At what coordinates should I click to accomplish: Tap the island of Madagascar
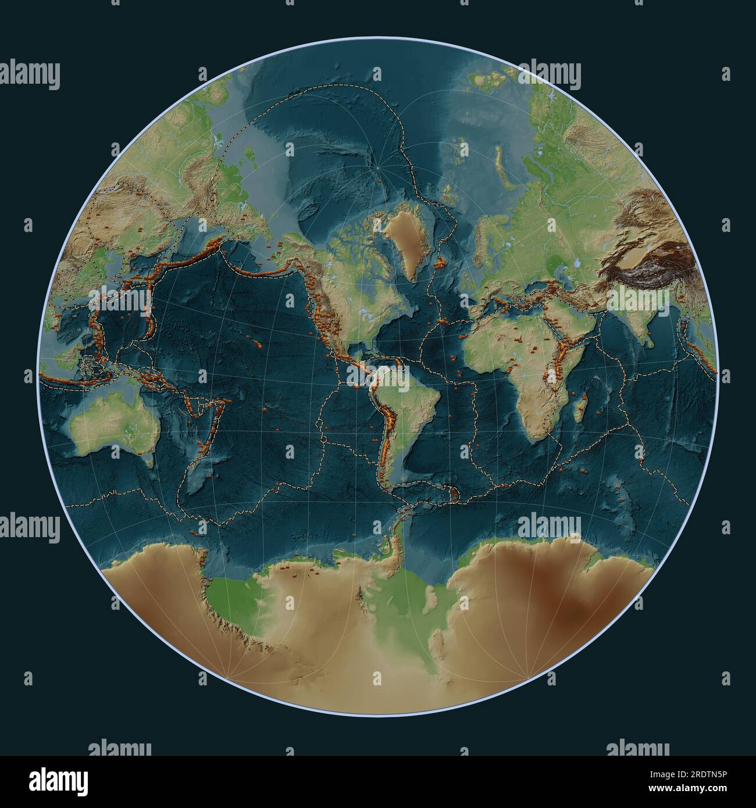(580, 407)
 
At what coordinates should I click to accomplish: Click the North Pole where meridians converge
(379, 169)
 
